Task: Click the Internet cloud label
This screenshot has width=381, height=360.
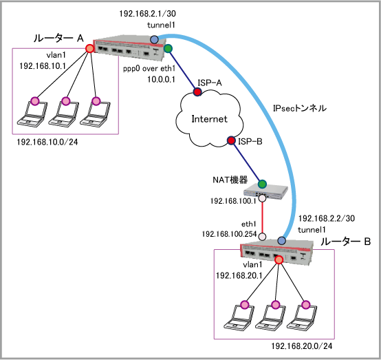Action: point(210,119)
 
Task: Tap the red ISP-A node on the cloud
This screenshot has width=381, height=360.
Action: point(197,92)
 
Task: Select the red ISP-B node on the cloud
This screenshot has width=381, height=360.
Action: point(231,140)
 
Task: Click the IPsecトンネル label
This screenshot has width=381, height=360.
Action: point(300,108)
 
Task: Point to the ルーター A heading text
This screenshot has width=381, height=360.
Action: point(58,39)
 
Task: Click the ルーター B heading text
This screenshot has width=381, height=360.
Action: point(345,242)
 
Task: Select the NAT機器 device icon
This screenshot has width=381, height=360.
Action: point(266,191)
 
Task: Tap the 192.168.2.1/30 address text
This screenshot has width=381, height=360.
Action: point(147,14)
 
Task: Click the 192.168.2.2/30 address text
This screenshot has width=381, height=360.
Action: point(327,218)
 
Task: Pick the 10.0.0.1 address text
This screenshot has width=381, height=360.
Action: point(162,79)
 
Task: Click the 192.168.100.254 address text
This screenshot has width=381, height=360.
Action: point(230,234)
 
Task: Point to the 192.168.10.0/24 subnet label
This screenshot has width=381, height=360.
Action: point(47,142)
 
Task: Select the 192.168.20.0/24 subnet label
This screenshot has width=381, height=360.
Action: point(302,346)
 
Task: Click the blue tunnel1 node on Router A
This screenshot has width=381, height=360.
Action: point(154,39)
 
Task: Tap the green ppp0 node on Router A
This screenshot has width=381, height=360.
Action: point(168,49)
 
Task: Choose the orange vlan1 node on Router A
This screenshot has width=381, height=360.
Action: point(89,48)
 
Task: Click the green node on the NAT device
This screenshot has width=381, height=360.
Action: point(262,184)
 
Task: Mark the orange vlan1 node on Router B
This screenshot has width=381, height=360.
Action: point(279,260)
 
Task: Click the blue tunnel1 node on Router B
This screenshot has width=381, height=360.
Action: point(281,240)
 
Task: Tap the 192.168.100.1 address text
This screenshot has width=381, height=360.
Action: point(233,201)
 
